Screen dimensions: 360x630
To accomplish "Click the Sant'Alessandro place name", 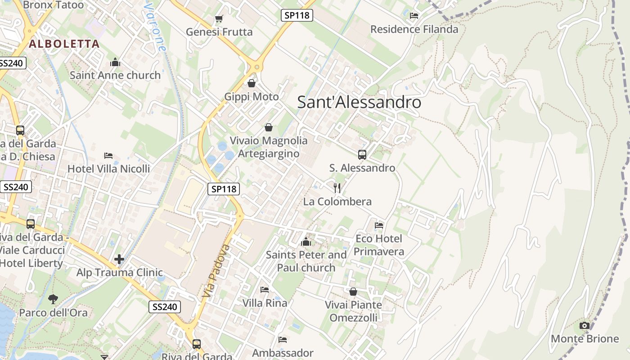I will tap(359, 102).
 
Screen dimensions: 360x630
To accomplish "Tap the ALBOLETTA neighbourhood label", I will tap(64, 44).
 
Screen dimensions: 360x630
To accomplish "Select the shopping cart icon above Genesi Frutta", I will tap(219, 18).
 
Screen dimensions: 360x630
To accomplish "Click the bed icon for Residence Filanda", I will tap(414, 16).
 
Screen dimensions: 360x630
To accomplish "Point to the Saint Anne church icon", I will tap(115, 62).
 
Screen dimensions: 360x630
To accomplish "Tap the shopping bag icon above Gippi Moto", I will tap(252, 83).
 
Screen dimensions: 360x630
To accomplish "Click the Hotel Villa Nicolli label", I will tap(108, 169).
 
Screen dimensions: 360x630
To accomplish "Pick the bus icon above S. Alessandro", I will tap(362, 155).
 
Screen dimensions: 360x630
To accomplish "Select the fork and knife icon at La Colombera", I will tap(337, 188).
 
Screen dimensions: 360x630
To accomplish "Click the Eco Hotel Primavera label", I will tap(379, 245).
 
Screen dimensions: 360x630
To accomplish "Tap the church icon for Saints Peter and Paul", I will tap(306, 242).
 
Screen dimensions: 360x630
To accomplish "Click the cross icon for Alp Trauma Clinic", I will tap(119, 259).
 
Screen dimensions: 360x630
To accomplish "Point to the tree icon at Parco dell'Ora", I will tap(53, 299).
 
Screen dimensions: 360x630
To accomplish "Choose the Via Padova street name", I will tap(216, 271).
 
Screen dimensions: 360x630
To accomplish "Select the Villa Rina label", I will tap(265, 303).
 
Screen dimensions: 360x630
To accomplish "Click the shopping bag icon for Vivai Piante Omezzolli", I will tap(353, 292).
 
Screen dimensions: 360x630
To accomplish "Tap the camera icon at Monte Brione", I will tap(585, 325).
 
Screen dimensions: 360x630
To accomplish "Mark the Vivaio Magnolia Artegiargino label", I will tap(269, 147).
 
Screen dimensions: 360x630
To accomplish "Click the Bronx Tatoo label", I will tap(53, 5).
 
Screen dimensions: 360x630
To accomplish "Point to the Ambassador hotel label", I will tap(283, 352).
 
